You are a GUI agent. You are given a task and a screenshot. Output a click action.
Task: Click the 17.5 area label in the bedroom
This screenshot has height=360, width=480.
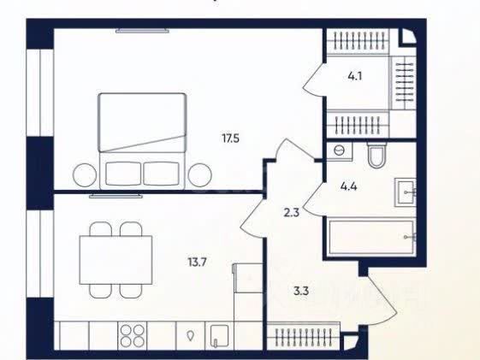click(x=230, y=139)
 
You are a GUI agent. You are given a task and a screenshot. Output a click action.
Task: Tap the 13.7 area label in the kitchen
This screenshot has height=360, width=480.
click(x=198, y=263)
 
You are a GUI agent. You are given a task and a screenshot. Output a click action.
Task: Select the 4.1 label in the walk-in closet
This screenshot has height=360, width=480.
click(x=355, y=76)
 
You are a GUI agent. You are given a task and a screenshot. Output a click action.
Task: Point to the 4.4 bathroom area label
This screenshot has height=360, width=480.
click(x=348, y=186)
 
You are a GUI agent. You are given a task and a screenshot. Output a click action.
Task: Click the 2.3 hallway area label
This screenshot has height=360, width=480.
click(x=292, y=212)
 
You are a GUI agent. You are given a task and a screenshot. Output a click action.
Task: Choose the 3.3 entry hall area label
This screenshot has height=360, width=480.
click(x=301, y=291)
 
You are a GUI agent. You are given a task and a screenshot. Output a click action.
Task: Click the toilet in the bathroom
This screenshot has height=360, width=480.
click(x=376, y=155)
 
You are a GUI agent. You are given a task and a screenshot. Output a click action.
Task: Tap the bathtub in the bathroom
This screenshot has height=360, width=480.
click(x=371, y=236)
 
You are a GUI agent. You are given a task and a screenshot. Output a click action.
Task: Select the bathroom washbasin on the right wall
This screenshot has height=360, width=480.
click(x=406, y=192)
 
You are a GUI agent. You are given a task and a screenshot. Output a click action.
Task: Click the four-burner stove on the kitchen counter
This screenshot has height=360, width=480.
click(x=133, y=335)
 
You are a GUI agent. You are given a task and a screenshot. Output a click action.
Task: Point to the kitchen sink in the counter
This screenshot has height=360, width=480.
click(x=219, y=336)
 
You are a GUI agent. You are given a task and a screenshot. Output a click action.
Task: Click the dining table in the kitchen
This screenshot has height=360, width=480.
click(x=116, y=260)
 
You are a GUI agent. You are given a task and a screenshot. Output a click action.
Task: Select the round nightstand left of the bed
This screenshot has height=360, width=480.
click(x=84, y=175)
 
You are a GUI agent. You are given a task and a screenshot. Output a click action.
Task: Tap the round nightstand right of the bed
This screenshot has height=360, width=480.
click(x=200, y=175)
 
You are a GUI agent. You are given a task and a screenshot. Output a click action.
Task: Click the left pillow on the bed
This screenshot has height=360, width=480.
click(x=123, y=174)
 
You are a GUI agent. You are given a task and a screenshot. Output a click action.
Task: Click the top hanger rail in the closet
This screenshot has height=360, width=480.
click(x=357, y=41)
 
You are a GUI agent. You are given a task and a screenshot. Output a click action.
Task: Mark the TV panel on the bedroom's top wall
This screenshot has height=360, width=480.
click(x=142, y=31)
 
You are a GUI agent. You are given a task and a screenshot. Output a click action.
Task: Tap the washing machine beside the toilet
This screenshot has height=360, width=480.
click(x=339, y=151)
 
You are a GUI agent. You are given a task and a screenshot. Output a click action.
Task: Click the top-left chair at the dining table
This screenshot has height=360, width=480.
click(x=101, y=229)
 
